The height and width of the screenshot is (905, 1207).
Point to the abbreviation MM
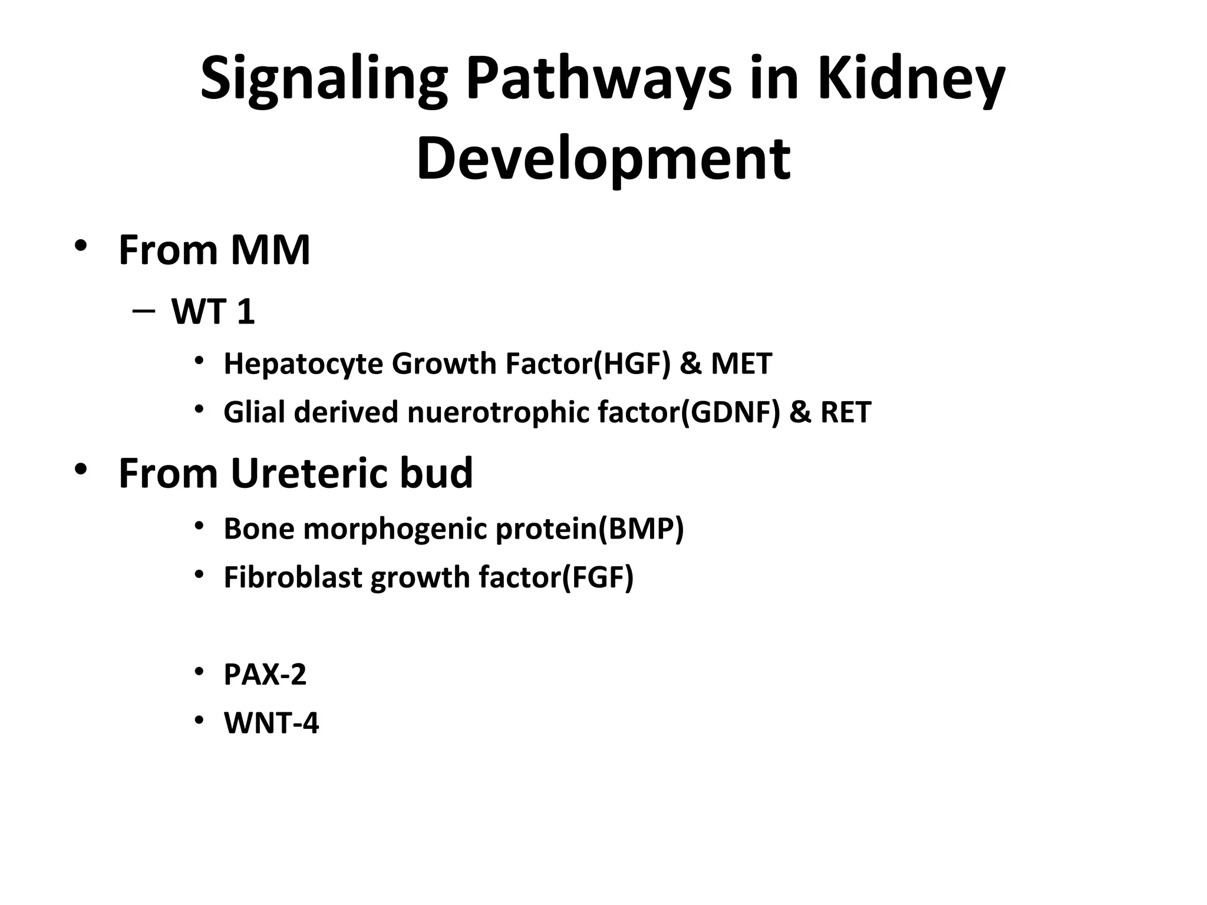point(270,250)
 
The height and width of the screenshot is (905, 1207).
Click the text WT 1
point(213,312)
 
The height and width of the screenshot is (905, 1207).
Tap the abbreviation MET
point(741,364)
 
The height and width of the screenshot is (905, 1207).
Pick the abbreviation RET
point(845,412)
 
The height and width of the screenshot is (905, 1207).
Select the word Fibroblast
point(293,577)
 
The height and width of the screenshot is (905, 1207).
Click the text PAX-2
point(265,675)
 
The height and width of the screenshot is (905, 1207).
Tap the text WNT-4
point(271,724)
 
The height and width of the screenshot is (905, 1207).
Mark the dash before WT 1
point(144,311)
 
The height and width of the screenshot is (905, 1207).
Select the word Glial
point(255,412)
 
